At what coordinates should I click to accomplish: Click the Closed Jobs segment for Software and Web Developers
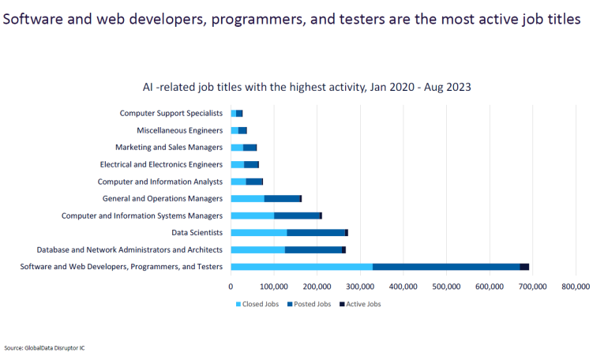click(301, 267)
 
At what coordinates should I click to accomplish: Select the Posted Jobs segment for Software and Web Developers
click(446, 267)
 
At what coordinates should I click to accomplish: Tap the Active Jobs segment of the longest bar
click(524, 267)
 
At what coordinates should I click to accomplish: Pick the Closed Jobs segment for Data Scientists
click(258, 233)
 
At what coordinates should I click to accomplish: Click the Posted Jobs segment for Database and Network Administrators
click(313, 249)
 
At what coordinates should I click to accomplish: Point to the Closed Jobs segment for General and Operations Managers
click(247, 198)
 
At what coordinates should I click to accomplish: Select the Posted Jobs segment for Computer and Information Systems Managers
click(296, 216)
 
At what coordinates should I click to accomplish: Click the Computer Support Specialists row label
click(171, 113)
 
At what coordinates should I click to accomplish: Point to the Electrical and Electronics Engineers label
click(161, 164)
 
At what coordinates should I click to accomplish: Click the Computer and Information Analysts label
click(160, 182)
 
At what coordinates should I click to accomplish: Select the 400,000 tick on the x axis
click(403, 287)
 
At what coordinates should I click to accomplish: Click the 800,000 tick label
click(575, 287)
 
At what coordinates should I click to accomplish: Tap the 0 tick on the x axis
click(231, 287)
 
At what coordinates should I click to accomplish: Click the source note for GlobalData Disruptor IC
click(45, 347)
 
